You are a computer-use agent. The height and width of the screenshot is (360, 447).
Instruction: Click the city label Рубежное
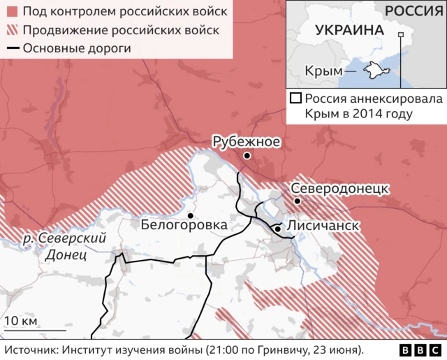pos(246,142)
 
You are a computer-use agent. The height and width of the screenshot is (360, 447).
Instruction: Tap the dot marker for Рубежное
pos(247,156)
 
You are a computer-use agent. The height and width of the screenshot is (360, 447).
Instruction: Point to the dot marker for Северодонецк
pos(298,201)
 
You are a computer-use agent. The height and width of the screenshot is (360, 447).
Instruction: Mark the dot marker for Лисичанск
pos(278,229)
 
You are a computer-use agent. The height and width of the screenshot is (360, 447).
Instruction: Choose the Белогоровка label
pos(184,225)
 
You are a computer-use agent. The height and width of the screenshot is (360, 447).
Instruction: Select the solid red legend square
pos(11,13)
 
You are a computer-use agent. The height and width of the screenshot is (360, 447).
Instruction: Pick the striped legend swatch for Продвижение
pos(11,31)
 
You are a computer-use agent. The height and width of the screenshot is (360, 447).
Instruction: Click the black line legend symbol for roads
pos(11,48)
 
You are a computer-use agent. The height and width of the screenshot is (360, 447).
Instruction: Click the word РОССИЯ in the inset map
pos(413,10)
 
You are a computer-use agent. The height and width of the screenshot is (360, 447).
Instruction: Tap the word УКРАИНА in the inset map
pos(349,31)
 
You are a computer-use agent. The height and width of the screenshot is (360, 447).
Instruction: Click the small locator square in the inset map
pos(400,34)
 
